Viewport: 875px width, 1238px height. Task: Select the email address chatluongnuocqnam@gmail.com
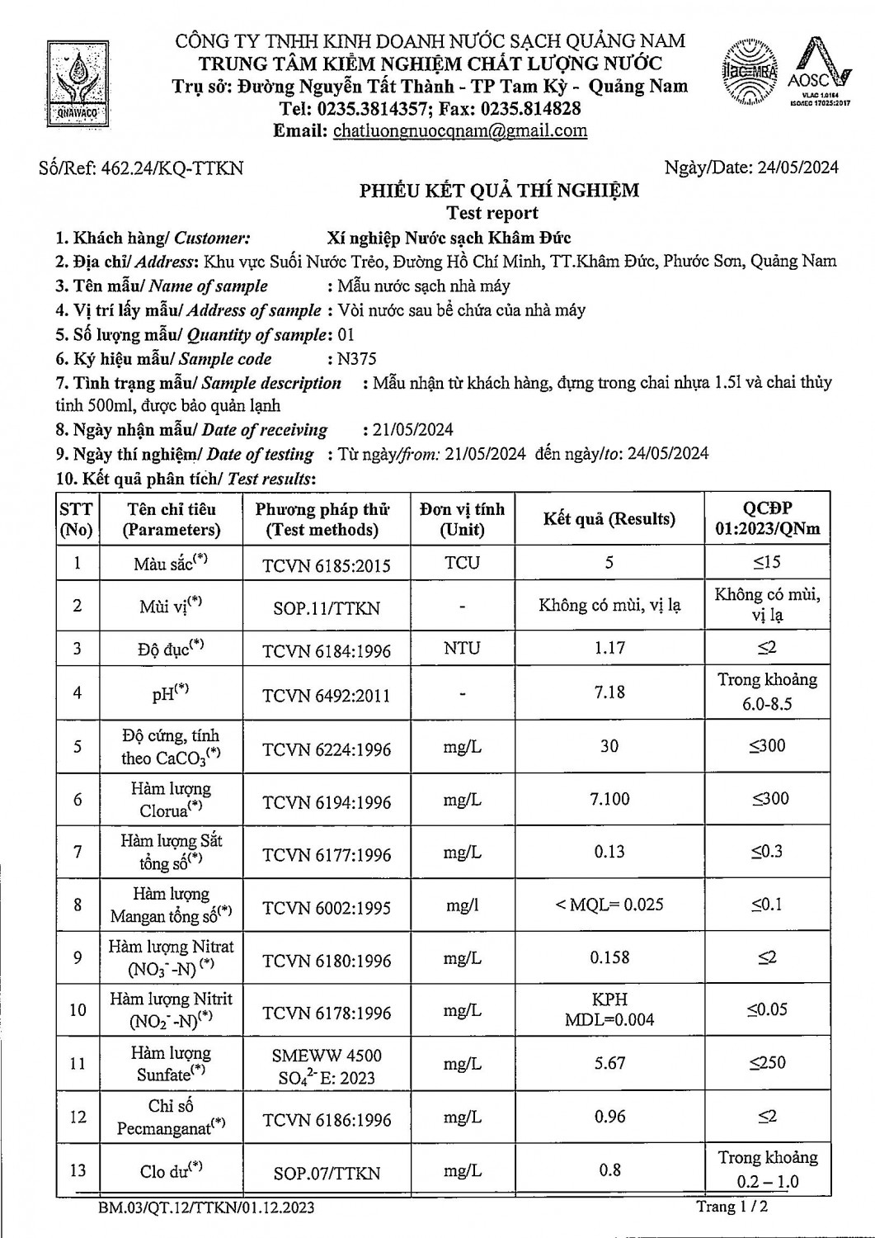[460, 130]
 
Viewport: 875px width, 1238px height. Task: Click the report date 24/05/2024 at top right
[792, 168]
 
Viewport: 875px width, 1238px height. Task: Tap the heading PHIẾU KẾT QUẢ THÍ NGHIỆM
[499, 191]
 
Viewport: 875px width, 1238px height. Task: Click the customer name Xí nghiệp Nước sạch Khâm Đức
[449, 238]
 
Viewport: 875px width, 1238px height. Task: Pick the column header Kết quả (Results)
[609, 519]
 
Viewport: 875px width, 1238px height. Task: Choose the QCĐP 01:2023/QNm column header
[767, 518]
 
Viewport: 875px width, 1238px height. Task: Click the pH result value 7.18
[609, 692]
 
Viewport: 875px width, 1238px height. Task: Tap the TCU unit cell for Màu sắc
[462, 563]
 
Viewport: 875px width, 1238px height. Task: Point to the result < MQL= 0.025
[609, 905]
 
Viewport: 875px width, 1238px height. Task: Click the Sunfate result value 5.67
[609, 1063]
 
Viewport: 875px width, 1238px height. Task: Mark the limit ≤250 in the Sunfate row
[767, 1063]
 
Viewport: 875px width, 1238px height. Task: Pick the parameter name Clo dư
[171, 1170]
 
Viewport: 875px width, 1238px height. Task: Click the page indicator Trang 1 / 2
[736, 1207]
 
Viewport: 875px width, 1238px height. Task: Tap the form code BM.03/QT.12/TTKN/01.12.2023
[205, 1208]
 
